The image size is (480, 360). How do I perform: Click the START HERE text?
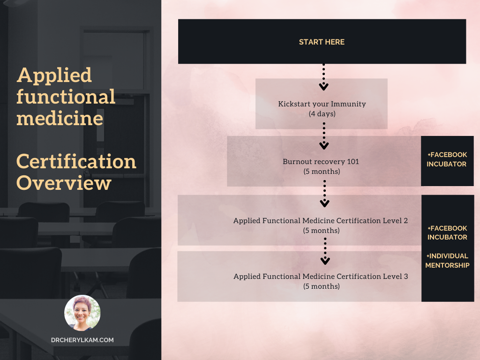click(x=322, y=42)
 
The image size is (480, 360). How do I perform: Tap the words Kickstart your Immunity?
click(x=322, y=104)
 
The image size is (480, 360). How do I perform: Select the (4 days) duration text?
click(x=322, y=114)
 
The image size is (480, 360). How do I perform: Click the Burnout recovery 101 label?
click(x=321, y=161)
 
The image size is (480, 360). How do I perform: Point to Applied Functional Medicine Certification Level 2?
click(x=321, y=220)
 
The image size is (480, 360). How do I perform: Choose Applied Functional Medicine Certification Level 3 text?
click(x=321, y=277)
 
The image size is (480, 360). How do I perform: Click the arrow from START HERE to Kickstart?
click(x=323, y=77)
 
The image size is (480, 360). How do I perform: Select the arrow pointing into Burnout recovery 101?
click(x=324, y=136)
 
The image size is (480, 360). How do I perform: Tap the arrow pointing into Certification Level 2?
click(x=324, y=194)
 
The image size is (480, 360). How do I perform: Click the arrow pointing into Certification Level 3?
click(x=325, y=251)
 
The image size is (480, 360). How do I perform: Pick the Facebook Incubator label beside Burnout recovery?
click(x=447, y=159)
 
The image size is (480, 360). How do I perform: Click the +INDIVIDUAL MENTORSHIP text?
click(x=447, y=261)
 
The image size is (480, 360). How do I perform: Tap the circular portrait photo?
click(x=82, y=313)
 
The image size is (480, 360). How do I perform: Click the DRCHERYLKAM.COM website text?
click(x=82, y=340)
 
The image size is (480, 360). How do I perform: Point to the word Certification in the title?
click(x=76, y=161)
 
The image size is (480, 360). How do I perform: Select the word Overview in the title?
click(x=64, y=183)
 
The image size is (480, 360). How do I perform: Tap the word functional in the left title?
click(x=66, y=97)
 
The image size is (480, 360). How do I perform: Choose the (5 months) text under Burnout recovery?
click(x=322, y=172)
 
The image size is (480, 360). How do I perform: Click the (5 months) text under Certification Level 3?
click(x=322, y=286)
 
